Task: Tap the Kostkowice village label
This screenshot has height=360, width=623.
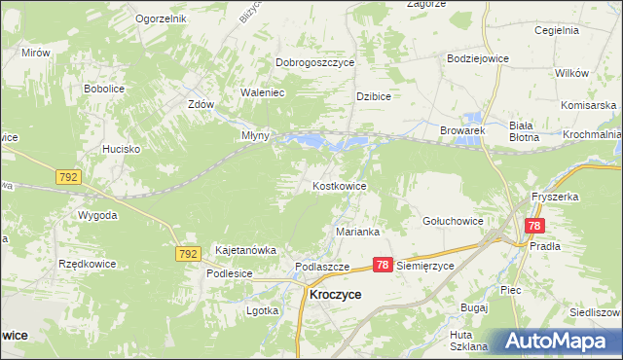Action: pos(339,185)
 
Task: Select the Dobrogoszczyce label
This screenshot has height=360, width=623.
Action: pos(314,62)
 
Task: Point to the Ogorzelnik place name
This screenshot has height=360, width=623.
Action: pos(161,19)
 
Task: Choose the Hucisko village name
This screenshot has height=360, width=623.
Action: pos(124,149)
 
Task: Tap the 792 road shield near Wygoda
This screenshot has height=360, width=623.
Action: pos(68,178)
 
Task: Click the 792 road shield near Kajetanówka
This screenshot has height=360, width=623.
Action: pos(188,253)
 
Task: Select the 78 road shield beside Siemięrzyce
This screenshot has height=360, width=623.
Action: pos(383,265)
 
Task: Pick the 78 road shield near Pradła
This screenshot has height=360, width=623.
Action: pos(533,226)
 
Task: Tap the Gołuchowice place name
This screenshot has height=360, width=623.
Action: pos(453,221)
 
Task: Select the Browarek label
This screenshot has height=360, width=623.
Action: pos(461,129)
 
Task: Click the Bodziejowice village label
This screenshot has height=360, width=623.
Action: pos(477,58)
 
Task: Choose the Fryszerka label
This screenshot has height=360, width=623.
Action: pos(555,197)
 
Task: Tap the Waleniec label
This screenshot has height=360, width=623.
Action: pos(262,93)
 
